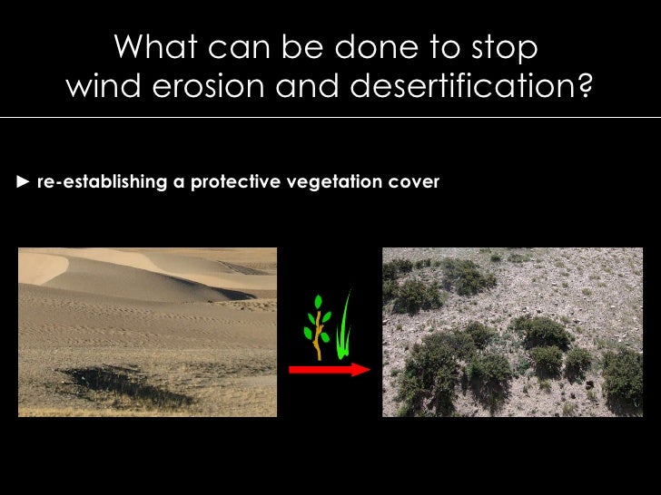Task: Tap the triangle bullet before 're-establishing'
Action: [25, 182]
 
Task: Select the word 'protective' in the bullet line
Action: [234, 182]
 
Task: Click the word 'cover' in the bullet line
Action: [416, 182]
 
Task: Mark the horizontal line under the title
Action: [330, 117]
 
